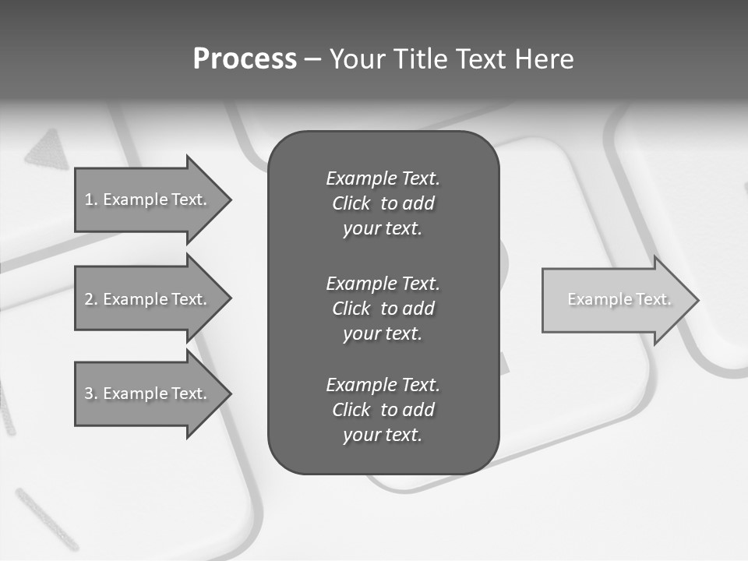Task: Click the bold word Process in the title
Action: click(245, 59)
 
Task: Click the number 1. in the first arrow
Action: click(90, 199)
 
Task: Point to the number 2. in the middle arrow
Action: click(90, 299)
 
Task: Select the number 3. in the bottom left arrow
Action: click(90, 393)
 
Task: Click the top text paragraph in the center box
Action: click(383, 203)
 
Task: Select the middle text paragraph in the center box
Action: click(383, 309)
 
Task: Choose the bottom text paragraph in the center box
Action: click(383, 410)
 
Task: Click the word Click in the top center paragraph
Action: click(351, 203)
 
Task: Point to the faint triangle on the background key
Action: click(48, 150)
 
